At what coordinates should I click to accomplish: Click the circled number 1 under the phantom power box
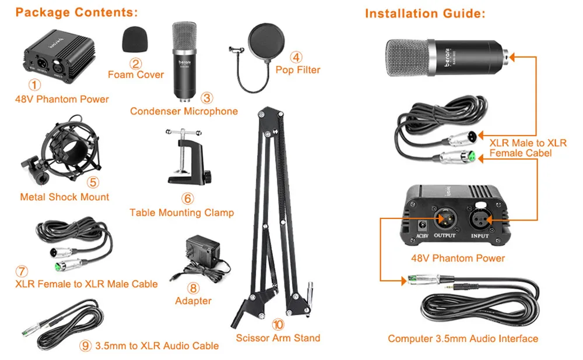click(x=34, y=85)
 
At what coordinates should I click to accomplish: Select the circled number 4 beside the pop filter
click(x=296, y=57)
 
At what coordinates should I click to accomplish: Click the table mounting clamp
click(x=188, y=157)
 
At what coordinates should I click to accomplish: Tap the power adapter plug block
click(x=203, y=250)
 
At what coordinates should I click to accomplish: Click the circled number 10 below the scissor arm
click(x=278, y=324)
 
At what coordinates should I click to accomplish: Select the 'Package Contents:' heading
click(x=76, y=12)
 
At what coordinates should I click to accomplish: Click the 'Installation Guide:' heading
click(x=425, y=14)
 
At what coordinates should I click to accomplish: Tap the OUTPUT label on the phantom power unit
click(x=445, y=235)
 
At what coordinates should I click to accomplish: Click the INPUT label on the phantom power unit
click(x=480, y=236)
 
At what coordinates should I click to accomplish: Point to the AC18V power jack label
click(x=422, y=236)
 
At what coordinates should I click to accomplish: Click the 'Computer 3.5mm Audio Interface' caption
click(x=463, y=338)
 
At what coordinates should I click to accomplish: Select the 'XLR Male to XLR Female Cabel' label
click(x=528, y=148)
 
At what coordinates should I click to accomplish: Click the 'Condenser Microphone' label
click(x=184, y=111)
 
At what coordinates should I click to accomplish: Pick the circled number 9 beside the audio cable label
click(x=85, y=346)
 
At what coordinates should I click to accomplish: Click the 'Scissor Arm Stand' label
click(x=278, y=338)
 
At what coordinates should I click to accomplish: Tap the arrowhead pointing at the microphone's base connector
click(x=512, y=57)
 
